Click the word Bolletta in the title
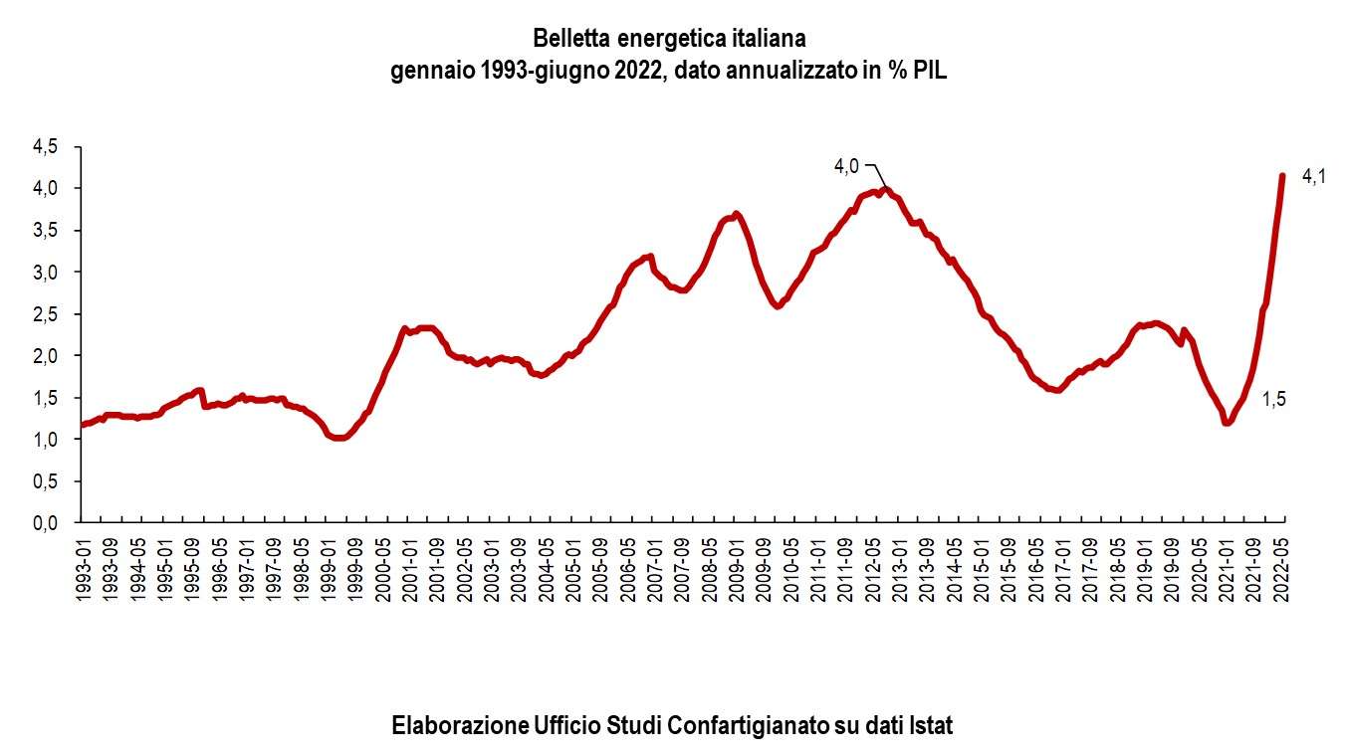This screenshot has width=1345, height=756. [572, 39]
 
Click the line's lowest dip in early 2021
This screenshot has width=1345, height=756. [1228, 422]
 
